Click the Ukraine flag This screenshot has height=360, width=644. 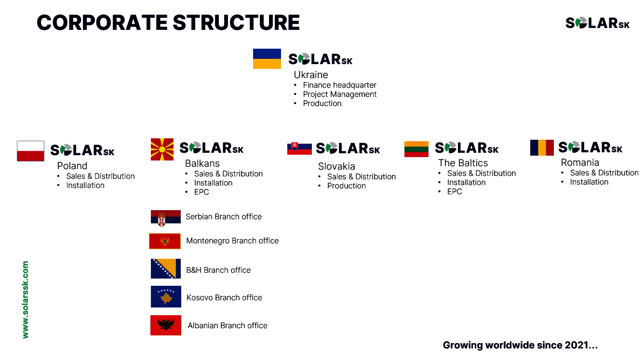(x=267, y=59)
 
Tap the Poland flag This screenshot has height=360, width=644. (x=30, y=151)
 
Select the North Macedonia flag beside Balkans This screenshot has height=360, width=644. (x=162, y=149)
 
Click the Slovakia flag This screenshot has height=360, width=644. (x=299, y=148)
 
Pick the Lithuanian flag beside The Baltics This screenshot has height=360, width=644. (x=416, y=149)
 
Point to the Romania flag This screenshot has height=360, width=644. (x=542, y=147)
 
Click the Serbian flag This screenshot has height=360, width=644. (x=166, y=218)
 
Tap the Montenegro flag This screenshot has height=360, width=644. (x=165, y=241)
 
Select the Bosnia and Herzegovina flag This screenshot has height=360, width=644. (x=166, y=268)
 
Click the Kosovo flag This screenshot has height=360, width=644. (x=166, y=296)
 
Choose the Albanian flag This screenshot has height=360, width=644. (x=166, y=325)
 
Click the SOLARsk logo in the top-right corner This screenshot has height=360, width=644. (x=597, y=23)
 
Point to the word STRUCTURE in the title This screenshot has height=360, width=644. (x=236, y=23)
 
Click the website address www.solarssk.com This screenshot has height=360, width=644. (x=25, y=300)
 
